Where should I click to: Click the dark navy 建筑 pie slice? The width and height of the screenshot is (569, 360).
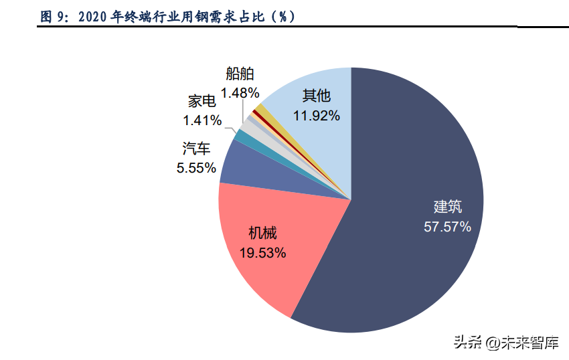point(402,268)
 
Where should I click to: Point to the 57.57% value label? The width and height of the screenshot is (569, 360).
point(447,226)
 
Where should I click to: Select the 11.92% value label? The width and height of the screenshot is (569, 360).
point(316,115)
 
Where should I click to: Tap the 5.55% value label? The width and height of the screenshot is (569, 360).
point(196,168)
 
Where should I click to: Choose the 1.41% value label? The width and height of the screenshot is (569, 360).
point(202,120)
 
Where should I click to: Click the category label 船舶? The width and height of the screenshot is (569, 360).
point(240,74)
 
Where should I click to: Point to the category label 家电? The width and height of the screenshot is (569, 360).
point(201,102)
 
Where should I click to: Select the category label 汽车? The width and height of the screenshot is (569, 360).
point(195,149)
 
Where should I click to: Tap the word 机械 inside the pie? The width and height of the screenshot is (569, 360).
point(262,234)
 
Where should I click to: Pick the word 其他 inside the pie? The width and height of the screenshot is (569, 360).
point(316,96)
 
